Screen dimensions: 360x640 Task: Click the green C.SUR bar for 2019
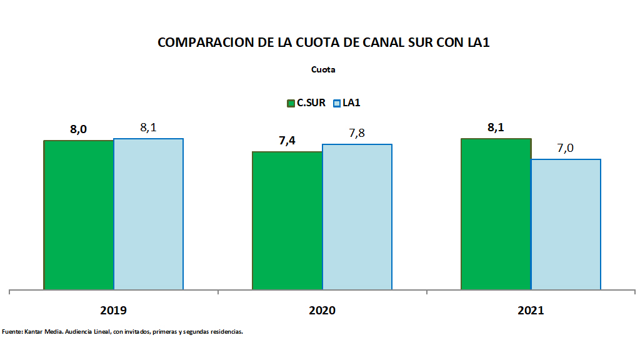pos(79,215)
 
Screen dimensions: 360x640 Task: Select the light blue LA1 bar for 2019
pos(148,214)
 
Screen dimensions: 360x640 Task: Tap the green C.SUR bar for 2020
pos(287,221)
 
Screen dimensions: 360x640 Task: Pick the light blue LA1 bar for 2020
pos(357,217)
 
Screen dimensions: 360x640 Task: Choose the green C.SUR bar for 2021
pos(496,214)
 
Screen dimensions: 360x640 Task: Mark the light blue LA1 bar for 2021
pos(566,224)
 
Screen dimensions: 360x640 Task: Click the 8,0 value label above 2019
pos(78,130)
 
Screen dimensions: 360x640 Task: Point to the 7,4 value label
pos(287,141)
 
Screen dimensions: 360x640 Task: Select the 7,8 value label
pos(357,134)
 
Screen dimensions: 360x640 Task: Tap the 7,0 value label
pos(566,148)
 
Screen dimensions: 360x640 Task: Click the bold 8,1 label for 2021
pos(496,127)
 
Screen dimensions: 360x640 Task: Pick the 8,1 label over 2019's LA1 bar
pos(148,127)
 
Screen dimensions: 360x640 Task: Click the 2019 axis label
pos(113,311)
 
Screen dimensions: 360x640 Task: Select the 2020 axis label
pos(322,311)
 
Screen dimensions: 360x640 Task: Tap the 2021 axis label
pos(531,311)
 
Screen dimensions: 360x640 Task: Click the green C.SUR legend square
pos(291,103)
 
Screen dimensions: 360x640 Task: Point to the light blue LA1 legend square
pos(336,103)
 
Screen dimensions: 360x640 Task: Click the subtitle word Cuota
pos(323,70)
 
